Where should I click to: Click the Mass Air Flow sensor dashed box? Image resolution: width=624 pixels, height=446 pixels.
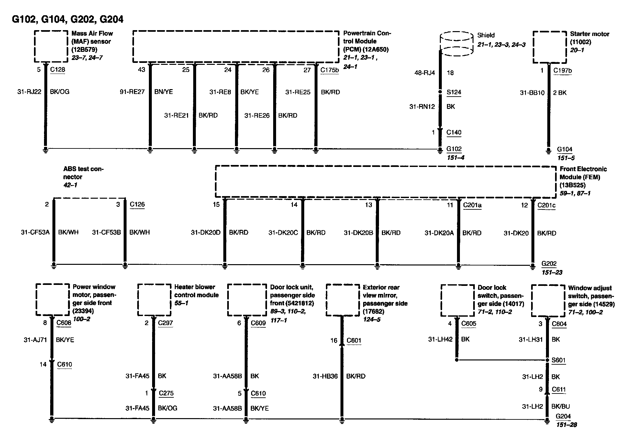click(51, 46)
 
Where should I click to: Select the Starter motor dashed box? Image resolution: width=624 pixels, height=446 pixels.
click(550, 47)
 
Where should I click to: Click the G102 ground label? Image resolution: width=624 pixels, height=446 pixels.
click(454, 149)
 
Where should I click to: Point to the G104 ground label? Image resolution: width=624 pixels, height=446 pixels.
click(564, 149)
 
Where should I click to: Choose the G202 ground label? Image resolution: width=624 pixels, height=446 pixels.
click(549, 264)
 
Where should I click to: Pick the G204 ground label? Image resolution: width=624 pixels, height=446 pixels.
click(563, 417)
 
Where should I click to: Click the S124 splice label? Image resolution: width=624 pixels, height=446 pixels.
click(454, 92)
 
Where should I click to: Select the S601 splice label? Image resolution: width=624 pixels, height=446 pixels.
click(558, 360)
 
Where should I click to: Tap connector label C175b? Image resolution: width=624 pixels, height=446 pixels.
click(329, 70)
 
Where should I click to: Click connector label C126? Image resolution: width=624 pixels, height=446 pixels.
click(137, 204)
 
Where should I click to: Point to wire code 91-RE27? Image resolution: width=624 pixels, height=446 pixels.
click(132, 92)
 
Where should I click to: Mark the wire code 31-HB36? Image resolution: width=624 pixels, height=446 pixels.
click(325, 376)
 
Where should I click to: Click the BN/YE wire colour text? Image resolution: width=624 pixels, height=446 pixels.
click(163, 92)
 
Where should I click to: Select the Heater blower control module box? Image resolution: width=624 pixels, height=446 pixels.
click(154, 300)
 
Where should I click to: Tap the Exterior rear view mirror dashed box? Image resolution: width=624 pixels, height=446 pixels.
click(343, 300)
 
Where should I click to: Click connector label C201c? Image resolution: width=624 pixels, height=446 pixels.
click(546, 205)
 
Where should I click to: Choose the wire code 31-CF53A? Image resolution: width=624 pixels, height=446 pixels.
click(35, 232)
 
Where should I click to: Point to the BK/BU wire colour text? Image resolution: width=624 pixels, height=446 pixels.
click(561, 406)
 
